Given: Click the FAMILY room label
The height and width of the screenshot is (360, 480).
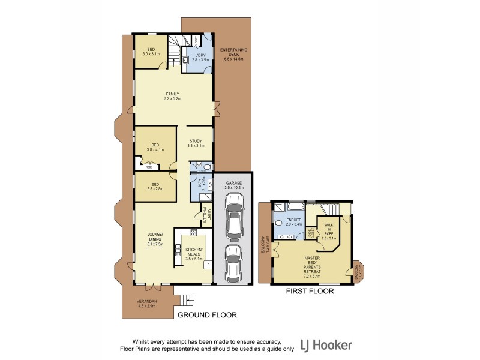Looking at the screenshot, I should coord(173,96).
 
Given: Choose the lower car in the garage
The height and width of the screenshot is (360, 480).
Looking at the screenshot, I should coord(233,262).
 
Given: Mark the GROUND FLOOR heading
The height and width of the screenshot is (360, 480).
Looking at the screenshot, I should coord(206,314).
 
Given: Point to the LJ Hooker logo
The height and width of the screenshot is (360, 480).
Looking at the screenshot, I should coord(330,344).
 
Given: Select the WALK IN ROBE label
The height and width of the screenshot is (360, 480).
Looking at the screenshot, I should coord(329,231).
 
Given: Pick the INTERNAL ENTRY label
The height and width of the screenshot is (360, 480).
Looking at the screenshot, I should coord(205,217).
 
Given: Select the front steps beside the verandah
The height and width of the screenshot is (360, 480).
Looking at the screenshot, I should coord(188,299).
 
